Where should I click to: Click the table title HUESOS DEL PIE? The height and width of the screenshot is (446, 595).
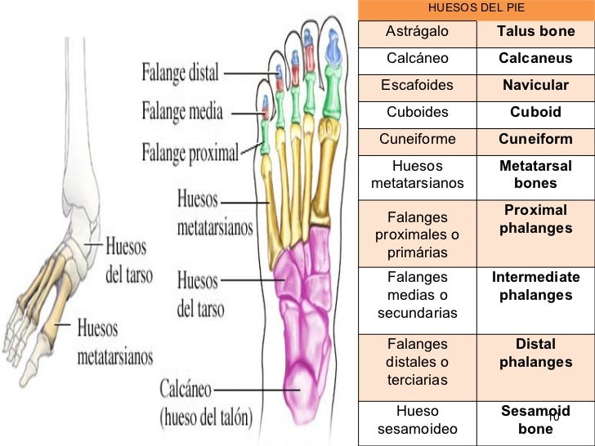(476, 9)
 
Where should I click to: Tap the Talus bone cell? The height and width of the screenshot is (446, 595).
(535, 32)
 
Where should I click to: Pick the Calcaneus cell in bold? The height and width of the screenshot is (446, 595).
(535, 59)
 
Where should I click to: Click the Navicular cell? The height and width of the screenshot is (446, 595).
(535, 86)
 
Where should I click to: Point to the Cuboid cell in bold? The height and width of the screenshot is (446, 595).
(535, 112)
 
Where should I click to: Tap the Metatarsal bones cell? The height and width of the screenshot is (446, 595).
(535, 174)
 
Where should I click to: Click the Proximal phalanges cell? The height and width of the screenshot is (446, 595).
(535, 219)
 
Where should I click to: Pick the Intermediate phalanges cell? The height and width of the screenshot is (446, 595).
(535, 286)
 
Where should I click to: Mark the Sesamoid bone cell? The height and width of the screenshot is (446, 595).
(535, 420)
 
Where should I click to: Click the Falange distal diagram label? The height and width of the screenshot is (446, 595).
(181, 73)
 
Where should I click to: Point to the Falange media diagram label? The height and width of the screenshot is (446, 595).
(181, 110)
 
